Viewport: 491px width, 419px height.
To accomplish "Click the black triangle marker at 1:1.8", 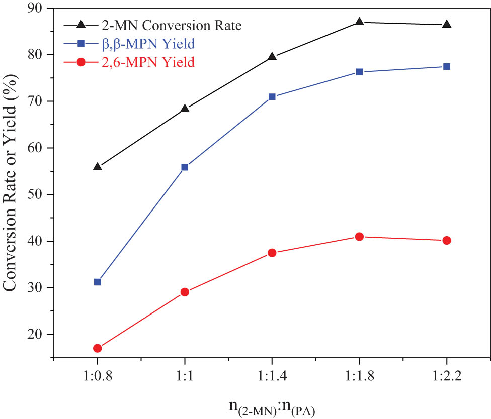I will point(359,22).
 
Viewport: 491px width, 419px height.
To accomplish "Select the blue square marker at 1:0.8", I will point(98,282).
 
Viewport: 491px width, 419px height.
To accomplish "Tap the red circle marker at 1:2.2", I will point(446,241).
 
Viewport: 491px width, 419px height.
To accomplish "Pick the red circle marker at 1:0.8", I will point(98,348).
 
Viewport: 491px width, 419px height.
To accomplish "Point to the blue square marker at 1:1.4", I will point(272,97).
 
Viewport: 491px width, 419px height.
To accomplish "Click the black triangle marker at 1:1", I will point(185,108).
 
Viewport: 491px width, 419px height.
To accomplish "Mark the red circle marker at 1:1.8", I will point(359,237).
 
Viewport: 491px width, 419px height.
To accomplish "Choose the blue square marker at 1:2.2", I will point(446,66).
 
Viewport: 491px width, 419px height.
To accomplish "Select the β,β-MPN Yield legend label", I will point(147,44).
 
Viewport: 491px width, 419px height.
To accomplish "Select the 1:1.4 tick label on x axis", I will point(272,376).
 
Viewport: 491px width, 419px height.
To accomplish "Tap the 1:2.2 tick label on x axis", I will point(446,376).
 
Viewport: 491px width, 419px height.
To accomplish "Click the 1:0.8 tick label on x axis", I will point(98,376).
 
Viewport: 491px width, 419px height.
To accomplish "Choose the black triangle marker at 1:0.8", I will point(98,166).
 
